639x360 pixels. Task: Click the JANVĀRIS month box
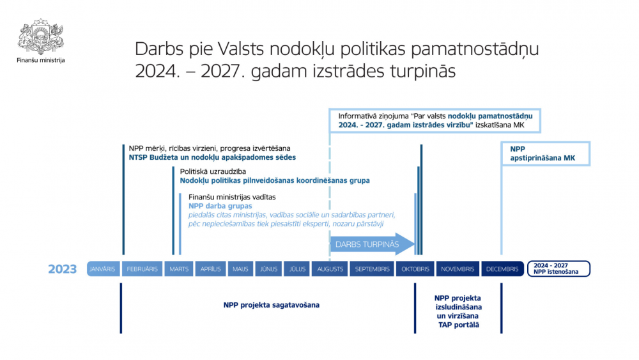tap(104, 269)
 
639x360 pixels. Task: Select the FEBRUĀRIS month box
tap(142, 269)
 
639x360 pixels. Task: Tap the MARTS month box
tap(179, 269)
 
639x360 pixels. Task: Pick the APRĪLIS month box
tap(211, 269)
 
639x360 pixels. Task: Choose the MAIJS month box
tap(240, 269)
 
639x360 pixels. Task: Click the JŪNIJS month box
tap(268, 269)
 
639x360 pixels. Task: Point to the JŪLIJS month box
tap(297, 269)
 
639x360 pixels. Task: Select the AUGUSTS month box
tap(330, 269)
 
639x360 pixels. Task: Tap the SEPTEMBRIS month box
tap(372, 269)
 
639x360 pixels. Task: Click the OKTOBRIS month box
tap(415, 269)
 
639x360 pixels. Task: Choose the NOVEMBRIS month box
tap(458, 269)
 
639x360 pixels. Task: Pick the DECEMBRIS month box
tap(502, 269)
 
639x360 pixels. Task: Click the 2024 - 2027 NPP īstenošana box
tap(558, 269)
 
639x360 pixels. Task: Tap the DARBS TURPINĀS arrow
tap(373, 244)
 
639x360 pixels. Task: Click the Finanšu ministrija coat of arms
tap(41, 36)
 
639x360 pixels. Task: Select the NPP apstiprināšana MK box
tap(546, 153)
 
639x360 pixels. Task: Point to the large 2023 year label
tap(63, 269)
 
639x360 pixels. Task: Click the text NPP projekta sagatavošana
tap(272, 305)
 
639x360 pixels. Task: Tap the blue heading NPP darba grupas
tap(220, 206)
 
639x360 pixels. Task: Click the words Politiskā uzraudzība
tap(213, 171)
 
